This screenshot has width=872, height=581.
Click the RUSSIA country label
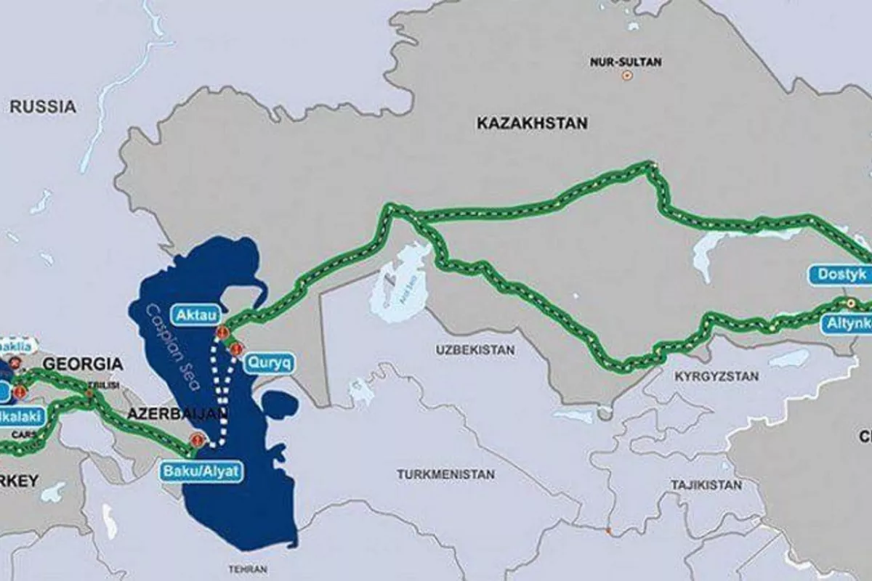click(43, 107)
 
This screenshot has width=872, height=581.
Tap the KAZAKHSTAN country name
click(532, 123)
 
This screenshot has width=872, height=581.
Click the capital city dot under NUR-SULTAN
click(626, 75)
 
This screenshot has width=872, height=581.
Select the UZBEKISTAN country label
click(475, 350)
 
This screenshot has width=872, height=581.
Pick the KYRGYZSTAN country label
click(716, 376)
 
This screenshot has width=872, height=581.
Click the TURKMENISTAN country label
click(445, 474)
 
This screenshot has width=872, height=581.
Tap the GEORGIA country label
click(81, 364)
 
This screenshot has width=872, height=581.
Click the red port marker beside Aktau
click(222, 333)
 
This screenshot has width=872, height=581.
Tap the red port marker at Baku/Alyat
click(196, 439)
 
